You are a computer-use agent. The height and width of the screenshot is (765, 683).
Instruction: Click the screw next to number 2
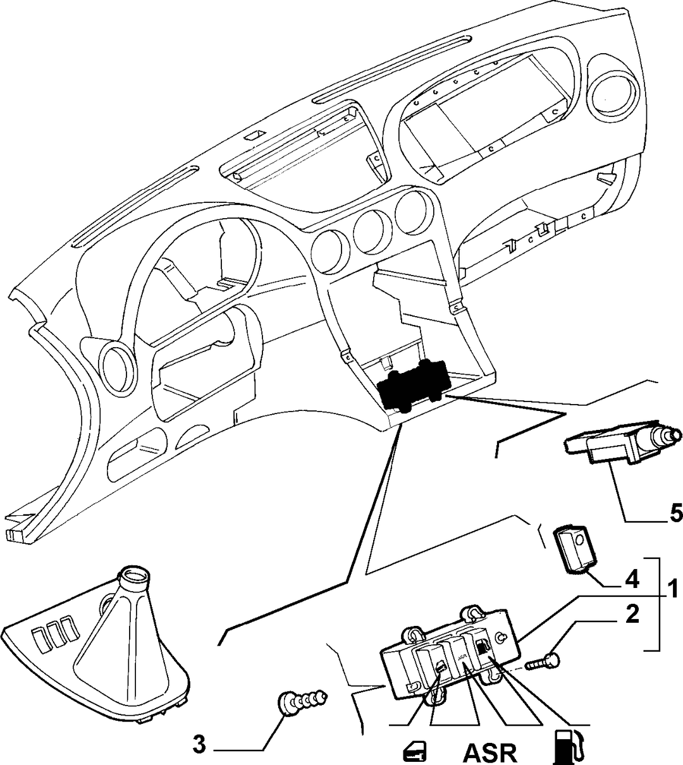coord(541,661)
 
